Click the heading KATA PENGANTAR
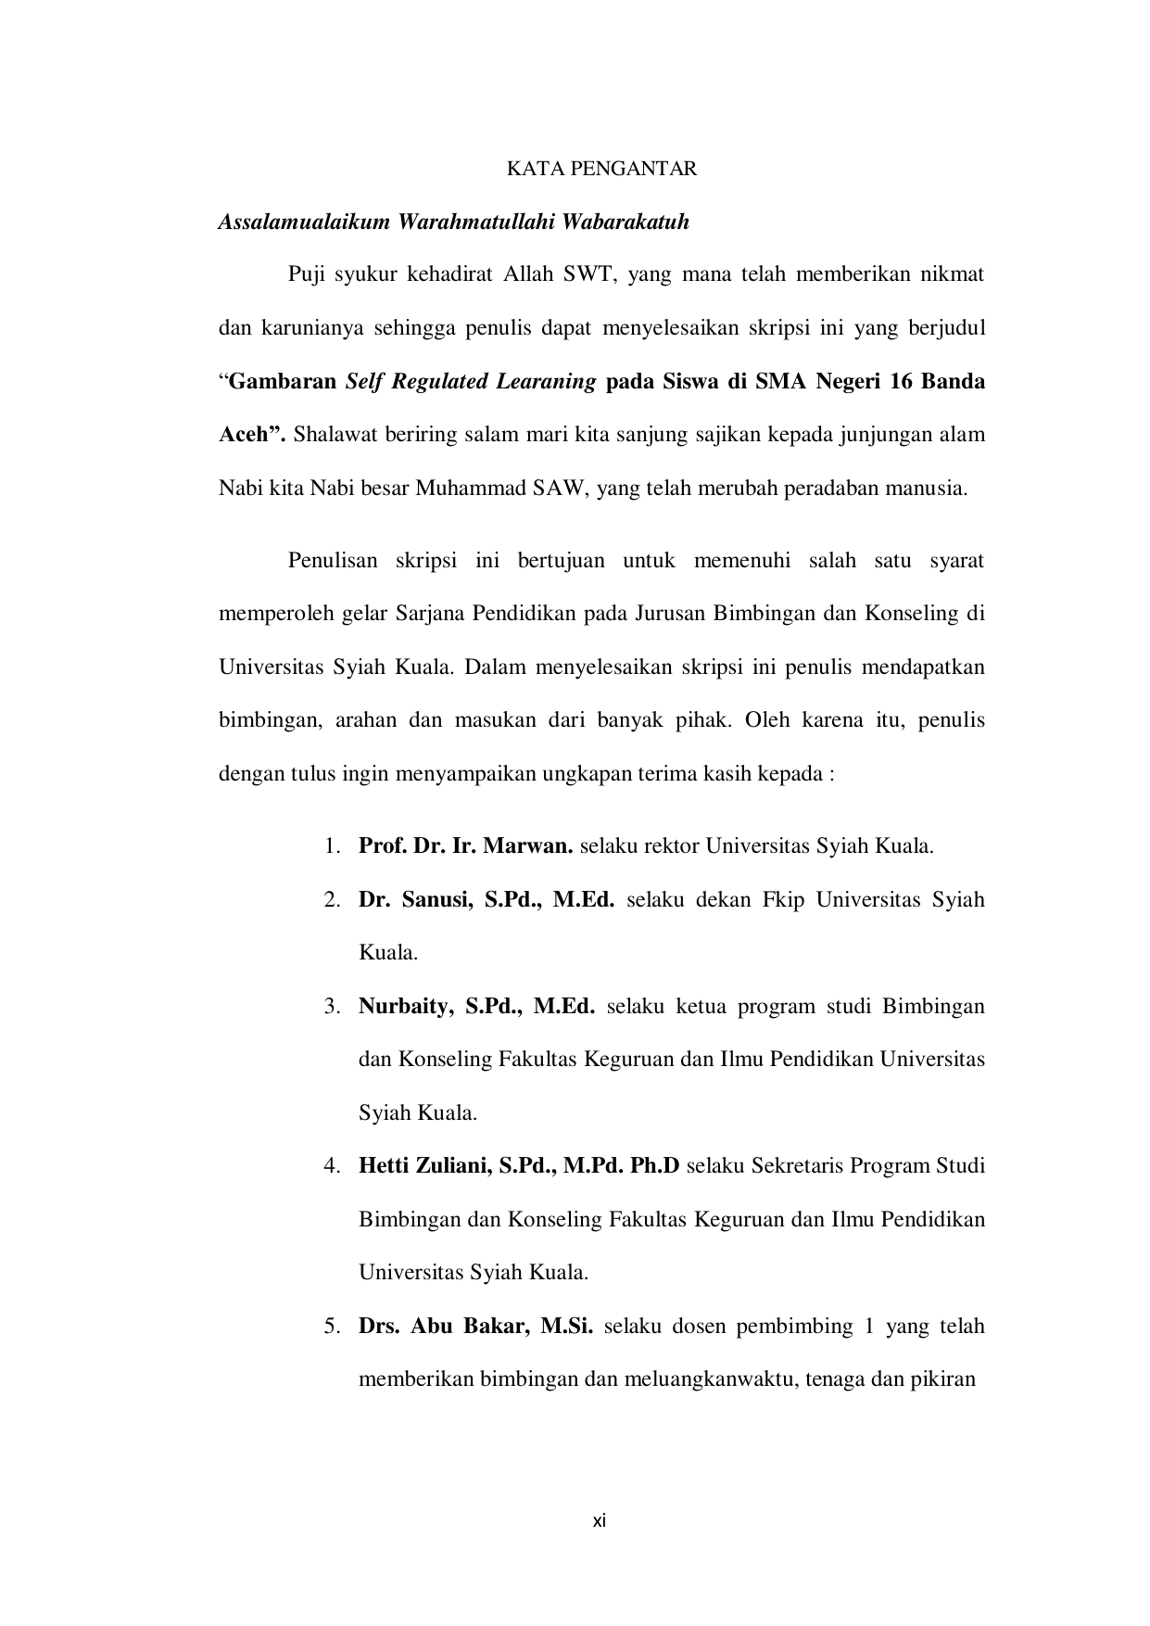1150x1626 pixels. coord(601,169)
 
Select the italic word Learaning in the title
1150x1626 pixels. coord(541,382)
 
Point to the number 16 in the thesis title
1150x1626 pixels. coord(901,382)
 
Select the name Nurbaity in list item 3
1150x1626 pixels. coord(402,1007)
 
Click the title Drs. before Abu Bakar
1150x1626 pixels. coord(379,1327)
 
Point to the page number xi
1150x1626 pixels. coord(600,1521)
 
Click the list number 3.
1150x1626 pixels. coord(331,1007)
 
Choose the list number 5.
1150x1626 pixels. coord(331,1327)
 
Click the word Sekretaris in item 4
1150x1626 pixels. coord(795,1166)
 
